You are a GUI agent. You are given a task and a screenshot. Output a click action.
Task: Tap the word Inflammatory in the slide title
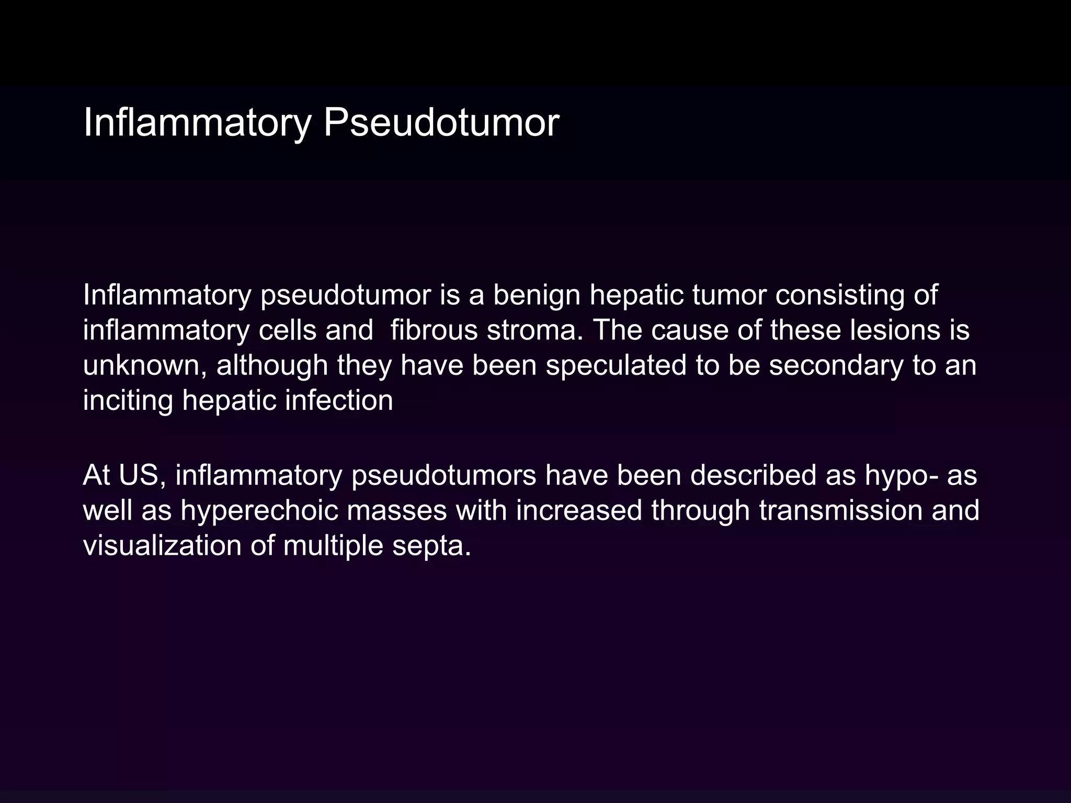[x=197, y=123]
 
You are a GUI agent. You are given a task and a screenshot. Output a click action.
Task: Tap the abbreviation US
[x=139, y=475]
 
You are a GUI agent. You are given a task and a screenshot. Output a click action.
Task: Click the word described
[x=753, y=475]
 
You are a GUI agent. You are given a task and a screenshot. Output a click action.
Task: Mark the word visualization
[x=162, y=545]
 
